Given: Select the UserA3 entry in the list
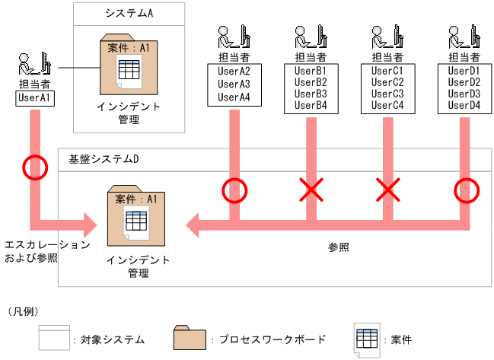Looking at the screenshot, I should pos(234,84).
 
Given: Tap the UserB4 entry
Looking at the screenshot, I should pos(311,105).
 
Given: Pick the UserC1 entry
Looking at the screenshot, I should pos(387,71).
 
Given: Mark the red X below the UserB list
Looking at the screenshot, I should pos(310,190).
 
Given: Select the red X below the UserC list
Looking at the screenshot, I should pos(387,190).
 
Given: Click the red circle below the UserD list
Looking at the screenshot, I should pos(465,190).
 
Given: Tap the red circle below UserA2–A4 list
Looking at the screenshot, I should pos(234,190).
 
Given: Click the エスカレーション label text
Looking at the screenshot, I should pos(47,245).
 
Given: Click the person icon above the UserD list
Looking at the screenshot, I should pos(464,37).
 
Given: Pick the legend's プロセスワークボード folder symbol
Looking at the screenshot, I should pos(190,337).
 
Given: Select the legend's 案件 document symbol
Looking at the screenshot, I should pos(367,338).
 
